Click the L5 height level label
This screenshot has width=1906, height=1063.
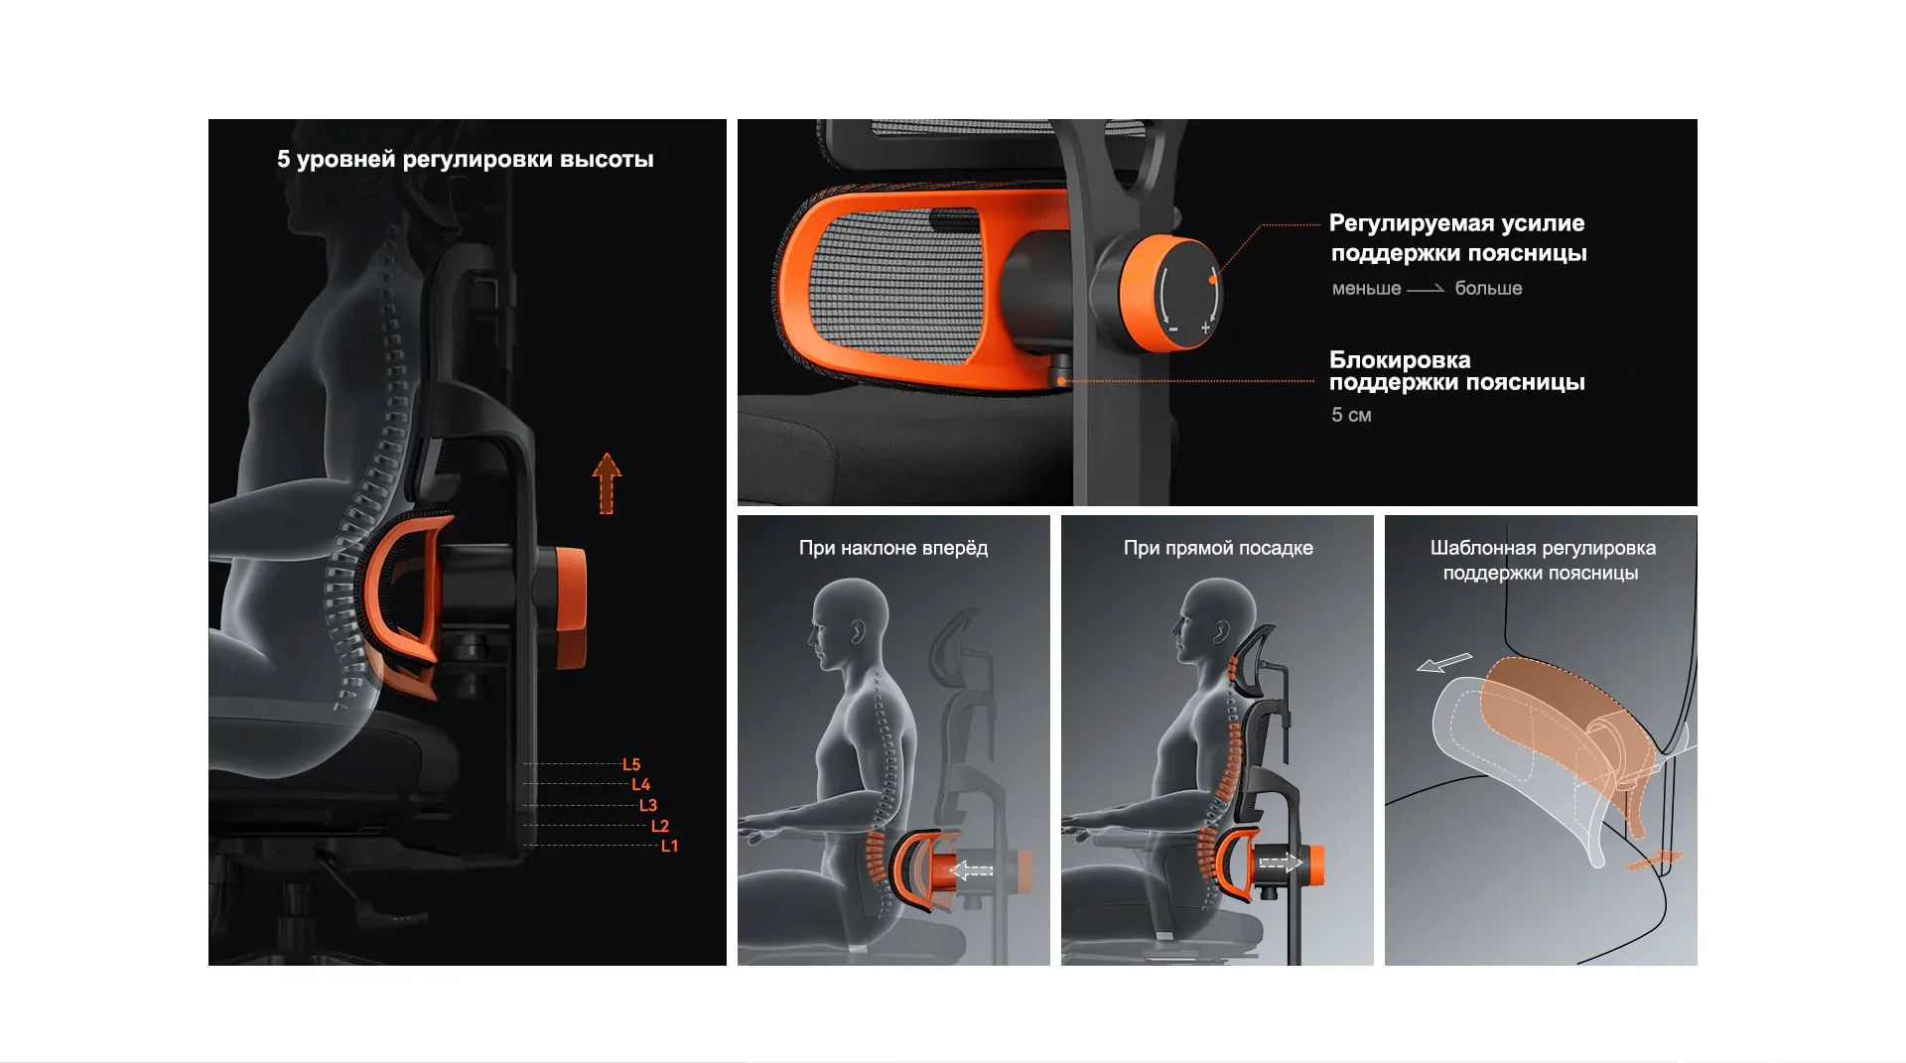click(631, 764)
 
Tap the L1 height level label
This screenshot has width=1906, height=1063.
click(670, 847)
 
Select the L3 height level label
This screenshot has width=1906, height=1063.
click(648, 805)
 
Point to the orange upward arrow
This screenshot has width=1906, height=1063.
click(607, 483)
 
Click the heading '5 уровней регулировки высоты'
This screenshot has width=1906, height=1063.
click(466, 160)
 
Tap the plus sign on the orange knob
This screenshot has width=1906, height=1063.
click(1205, 328)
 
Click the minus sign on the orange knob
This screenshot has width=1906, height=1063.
click(1173, 329)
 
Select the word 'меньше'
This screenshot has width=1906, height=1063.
click(1367, 289)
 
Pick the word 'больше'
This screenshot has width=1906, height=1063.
click(1489, 288)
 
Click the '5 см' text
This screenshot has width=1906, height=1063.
click(1351, 415)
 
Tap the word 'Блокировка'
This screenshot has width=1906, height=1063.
click(1400, 360)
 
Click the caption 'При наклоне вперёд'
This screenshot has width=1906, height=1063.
click(893, 548)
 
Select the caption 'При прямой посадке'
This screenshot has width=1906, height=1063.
click(1218, 548)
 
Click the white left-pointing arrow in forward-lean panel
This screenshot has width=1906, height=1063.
click(972, 870)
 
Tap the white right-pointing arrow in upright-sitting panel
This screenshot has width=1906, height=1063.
click(1281, 863)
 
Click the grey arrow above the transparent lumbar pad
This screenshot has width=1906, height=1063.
click(1444, 662)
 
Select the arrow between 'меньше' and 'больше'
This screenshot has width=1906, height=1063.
click(1427, 289)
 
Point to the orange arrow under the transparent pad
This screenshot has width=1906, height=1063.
click(1655, 860)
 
